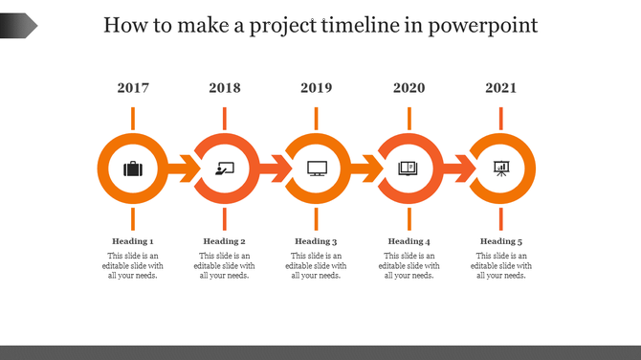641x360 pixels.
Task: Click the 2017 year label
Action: coord(133,88)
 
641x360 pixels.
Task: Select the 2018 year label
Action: coord(225,88)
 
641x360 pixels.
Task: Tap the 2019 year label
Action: coord(317,88)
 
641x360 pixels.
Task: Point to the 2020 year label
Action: coord(409,88)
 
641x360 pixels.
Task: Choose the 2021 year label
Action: coord(500,88)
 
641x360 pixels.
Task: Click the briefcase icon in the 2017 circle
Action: coord(133,169)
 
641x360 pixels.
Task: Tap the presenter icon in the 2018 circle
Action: coord(225,169)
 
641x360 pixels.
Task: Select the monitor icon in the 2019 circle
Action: coord(317,169)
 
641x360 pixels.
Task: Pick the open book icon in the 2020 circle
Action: coord(409,169)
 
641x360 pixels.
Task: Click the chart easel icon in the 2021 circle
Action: coord(500,169)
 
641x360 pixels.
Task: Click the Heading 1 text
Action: coord(133,241)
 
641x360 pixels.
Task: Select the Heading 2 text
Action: coord(225,241)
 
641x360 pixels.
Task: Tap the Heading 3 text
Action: coord(317,241)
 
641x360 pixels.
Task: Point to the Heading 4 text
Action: coord(409,241)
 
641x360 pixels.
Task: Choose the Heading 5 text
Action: coord(500,241)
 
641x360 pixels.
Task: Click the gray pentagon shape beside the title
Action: coord(18,25)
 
